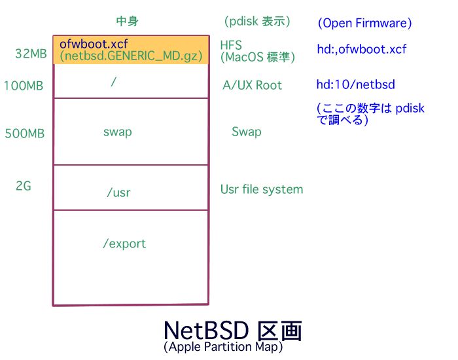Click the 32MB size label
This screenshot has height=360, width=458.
coord(31,54)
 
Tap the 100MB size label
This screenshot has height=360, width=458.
coord(24,85)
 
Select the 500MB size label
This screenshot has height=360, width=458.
coord(25,134)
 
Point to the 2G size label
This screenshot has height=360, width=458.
coord(24,186)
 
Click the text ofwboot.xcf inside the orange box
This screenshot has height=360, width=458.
coord(94,44)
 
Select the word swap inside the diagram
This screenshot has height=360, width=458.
coord(118,132)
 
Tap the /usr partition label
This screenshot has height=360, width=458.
coord(118,193)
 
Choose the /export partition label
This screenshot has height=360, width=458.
coord(124,243)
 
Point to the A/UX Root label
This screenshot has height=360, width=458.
coord(253,85)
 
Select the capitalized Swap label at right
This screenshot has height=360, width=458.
coord(247,132)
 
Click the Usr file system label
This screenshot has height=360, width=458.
coord(262,189)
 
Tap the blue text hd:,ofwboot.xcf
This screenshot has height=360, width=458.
coord(362,49)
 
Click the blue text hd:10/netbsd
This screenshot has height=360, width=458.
coord(355,84)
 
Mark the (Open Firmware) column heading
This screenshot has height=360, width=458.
coord(364,23)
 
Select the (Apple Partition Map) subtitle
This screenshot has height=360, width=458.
coord(223,347)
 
